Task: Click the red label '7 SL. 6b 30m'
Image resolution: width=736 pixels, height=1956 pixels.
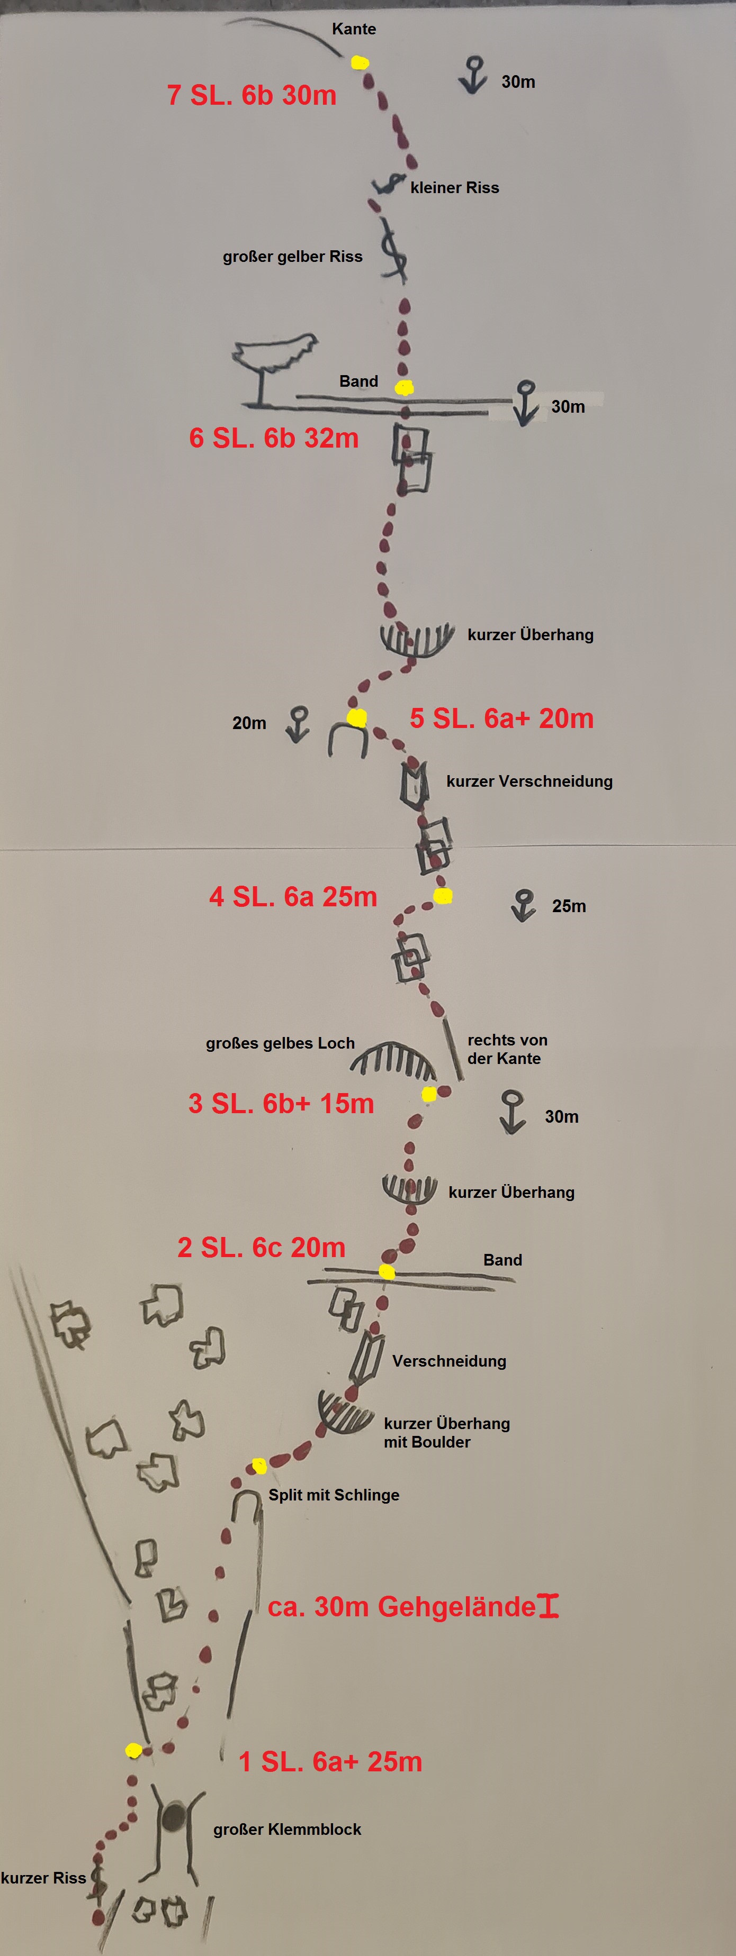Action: click(252, 95)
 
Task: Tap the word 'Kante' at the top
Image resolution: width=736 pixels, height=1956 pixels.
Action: click(354, 29)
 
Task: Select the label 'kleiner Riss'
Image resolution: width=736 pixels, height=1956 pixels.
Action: click(455, 187)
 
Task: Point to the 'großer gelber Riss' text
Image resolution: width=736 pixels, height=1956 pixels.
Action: click(292, 257)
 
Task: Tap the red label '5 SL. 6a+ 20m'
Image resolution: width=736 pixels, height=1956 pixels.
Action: click(501, 718)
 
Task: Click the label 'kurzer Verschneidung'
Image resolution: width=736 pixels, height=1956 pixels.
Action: click(529, 781)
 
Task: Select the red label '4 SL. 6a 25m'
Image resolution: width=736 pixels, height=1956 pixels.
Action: click(293, 897)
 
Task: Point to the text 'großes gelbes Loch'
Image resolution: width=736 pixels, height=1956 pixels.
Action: click(280, 1043)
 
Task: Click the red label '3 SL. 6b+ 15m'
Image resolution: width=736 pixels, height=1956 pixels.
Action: click(281, 1103)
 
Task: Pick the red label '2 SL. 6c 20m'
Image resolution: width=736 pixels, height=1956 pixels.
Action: click(261, 1248)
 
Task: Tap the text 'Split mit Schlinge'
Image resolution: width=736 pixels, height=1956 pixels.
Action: click(334, 1495)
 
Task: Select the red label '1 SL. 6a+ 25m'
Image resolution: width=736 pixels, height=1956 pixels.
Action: click(330, 1762)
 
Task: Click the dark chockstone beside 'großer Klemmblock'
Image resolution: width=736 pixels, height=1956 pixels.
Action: click(175, 1816)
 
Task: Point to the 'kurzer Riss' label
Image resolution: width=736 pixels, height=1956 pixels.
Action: click(43, 1878)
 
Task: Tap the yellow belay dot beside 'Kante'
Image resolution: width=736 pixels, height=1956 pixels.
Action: click(360, 62)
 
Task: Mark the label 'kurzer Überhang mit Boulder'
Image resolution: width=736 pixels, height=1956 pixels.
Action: click(446, 1433)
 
